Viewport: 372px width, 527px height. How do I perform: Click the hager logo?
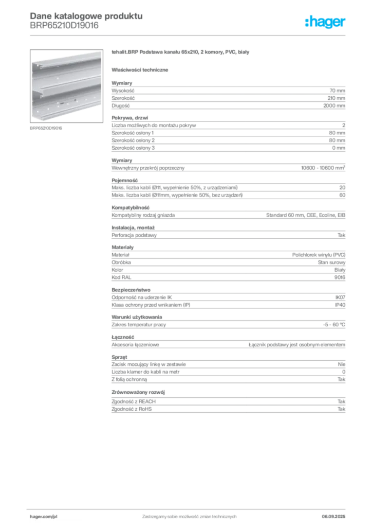tap(325, 22)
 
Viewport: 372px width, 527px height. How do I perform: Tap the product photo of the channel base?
tap(66, 86)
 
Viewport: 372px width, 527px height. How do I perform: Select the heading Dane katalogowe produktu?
tap(86, 16)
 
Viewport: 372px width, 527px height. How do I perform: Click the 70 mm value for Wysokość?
tap(337, 91)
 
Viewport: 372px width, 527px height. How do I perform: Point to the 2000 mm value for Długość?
tap(334, 106)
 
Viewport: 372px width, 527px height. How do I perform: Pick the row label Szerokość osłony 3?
tap(133, 148)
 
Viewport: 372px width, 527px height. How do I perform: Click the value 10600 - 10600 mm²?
tap(323, 168)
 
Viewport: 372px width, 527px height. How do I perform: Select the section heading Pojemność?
tap(125, 181)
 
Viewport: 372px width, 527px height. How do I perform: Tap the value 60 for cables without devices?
tap(342, 195)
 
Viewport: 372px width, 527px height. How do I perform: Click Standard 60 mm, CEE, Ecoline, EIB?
tap(306, 215)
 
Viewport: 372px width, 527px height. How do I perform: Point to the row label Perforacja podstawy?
tap(134, 235)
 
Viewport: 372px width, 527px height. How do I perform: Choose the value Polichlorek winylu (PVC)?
tap(319, 255)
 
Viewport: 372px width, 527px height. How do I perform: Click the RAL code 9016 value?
tap(340, 277)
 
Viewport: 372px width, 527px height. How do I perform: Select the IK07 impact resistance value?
tap(340, 297)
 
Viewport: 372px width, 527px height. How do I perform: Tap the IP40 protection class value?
tap(340, 305)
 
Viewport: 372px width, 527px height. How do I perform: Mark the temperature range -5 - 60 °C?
tap(334, 325)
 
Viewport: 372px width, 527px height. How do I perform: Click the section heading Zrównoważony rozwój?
tap(138, 392)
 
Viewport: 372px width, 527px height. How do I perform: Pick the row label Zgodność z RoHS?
tap(132, 409)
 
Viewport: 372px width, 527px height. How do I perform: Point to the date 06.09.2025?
tap(333, 517)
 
